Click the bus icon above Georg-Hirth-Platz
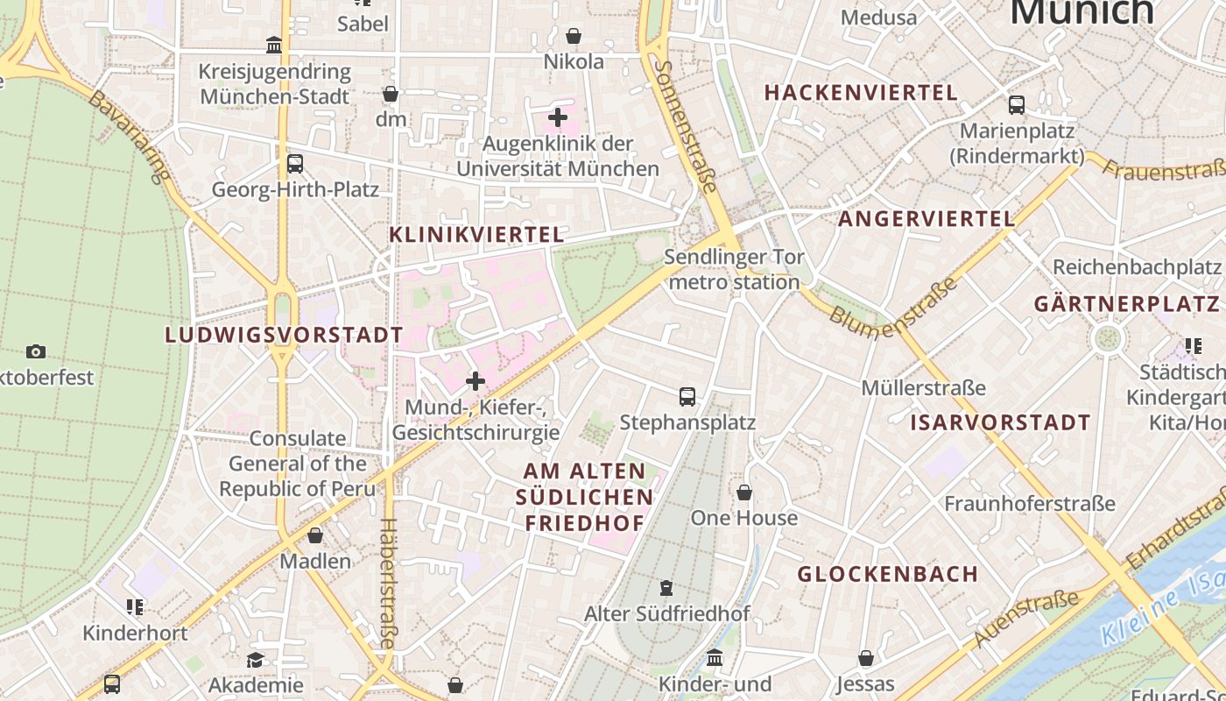[295, 164]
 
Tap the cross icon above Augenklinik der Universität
[558, 117]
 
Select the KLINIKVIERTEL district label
[476, 235]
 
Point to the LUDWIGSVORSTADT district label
[285, 335]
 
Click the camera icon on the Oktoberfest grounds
[36, 352]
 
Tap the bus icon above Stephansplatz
[687, 397]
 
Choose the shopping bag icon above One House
[744, 492]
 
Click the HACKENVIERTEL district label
[861, 93]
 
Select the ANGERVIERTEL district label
[927, 219]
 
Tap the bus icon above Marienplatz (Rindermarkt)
[1017, 105]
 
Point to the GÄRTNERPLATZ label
[1126, 304]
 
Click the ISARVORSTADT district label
[1000, 422]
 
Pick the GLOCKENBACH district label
[888, 574]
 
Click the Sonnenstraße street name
[687, 125]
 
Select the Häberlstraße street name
[386, 583]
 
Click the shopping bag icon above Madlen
[315, 535]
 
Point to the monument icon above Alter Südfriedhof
[666, 588]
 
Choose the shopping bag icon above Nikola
[574, 36]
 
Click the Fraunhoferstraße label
[1030, 504]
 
